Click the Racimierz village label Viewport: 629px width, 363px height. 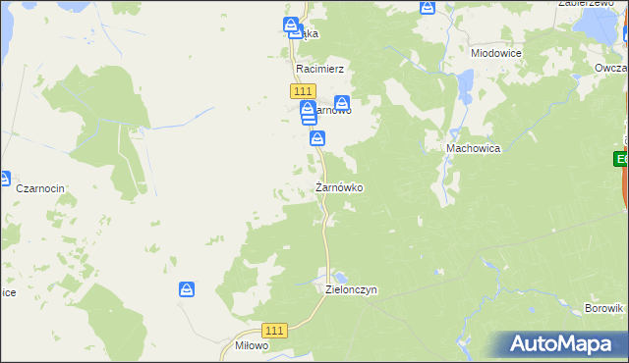pos(319,71)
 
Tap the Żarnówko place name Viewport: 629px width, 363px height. pos(341,186)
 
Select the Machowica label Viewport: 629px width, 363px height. pos(474,147)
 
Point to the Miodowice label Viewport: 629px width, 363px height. pos(496,53)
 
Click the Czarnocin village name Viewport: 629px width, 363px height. pos(40,187)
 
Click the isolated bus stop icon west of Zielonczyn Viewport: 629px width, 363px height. pos(186,289)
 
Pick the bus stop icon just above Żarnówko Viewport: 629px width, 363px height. pos(317,140)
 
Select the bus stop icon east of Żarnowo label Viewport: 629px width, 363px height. pos(341,102)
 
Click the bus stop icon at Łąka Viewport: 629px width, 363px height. pos(291,25)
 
